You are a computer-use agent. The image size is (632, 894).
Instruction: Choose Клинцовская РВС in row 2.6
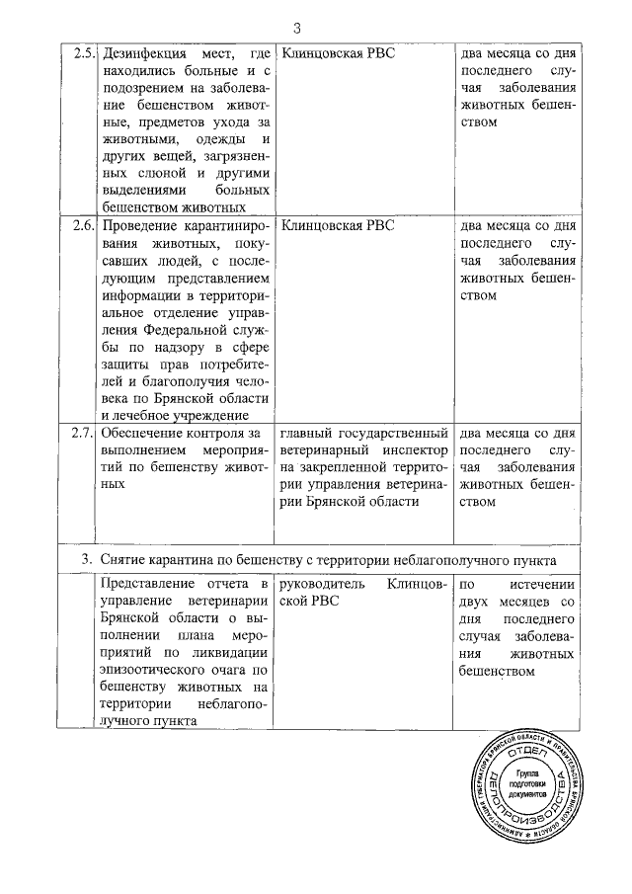pos(338,224)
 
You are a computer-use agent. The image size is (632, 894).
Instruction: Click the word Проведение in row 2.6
pos(145,224)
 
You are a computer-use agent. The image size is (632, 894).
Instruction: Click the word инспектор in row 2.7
pos(416,448)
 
